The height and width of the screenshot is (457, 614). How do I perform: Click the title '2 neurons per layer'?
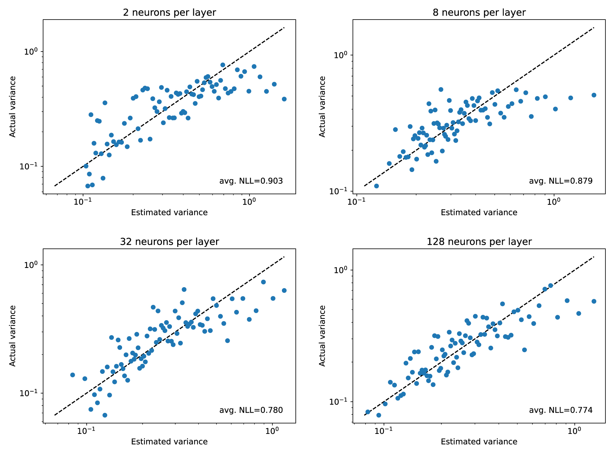(x=169, y=13)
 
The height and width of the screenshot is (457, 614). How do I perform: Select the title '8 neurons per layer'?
(x=479, y=13)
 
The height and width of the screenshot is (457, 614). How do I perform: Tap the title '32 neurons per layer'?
(x=169, y=242)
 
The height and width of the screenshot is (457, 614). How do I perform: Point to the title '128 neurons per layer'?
(x=479, y=242)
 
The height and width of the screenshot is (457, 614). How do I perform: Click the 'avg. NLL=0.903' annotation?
(x=251, y=181)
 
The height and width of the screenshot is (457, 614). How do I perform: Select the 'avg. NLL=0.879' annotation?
(x=561, y=181)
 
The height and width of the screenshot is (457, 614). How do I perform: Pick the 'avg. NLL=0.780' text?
(x=251, y=410)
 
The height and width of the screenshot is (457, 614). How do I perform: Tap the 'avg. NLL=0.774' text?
(x=561, y=410)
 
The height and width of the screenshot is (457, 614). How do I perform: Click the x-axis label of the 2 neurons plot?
(x=169, y=213)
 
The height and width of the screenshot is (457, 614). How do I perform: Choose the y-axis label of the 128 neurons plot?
(x=322, y=335)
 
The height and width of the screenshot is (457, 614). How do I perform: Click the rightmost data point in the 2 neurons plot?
(x=284, y=99)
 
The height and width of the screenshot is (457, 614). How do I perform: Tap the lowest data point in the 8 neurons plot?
(x=376, y=186)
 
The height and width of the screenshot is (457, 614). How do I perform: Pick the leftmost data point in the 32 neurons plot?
(x=73, y=375)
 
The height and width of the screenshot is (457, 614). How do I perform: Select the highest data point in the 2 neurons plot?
(x=223, y=65)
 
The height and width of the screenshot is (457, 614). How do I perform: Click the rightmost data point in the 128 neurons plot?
(x=594, y=301)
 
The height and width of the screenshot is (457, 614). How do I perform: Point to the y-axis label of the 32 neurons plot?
(x=12, y=335)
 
